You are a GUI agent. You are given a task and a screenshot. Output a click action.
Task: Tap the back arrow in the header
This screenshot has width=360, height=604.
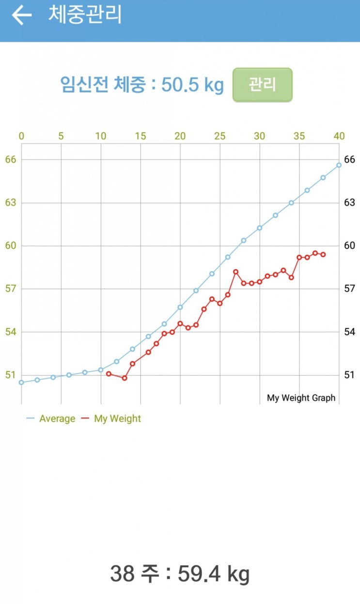pyautogui.click(x=21, y=15)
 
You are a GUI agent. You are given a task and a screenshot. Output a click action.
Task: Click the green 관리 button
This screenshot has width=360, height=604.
pyautogui.click(x=262, y=85)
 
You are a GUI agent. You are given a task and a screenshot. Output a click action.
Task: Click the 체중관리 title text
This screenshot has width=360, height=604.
pyautogui.click(x=85, y=15)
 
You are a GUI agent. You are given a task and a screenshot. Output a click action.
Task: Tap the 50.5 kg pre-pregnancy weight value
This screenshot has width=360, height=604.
pyautogui.click(x=192, y=85)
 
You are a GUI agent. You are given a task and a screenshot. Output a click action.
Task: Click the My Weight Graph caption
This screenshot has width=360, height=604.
pyautogui.click(x=301, y=398)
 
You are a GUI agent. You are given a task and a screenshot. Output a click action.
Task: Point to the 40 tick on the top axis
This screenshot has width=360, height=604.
pyautogui.click(x=339, y=136)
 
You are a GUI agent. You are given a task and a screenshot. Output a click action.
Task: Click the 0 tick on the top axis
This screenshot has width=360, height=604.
pyautogui.click(x=21, y=136)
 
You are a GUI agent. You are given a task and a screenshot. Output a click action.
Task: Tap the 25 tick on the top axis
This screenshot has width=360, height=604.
pyautogui.click(x=220, y=136)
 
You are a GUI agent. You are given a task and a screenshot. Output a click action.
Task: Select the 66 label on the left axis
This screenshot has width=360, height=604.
pyautogui.click(x=10, y=159)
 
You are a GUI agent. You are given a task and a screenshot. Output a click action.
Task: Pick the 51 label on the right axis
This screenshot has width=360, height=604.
pyautogui.click(x=349, y=375)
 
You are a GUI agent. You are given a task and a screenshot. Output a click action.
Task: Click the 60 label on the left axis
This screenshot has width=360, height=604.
pyautogui.click(x=10, y=246)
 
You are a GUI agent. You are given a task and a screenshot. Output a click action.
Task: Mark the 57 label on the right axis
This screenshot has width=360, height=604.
pyautogui.click(x=349, y=289)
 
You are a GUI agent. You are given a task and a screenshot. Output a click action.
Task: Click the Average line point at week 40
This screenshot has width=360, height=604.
pyautogui.click(x=339, y=165)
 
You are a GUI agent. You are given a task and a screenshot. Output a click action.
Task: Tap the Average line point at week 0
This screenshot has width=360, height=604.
pyautogui.click(x=21, y=382)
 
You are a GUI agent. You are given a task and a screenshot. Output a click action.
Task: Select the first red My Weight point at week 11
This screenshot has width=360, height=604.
pyautogui.click(x=109, y=374)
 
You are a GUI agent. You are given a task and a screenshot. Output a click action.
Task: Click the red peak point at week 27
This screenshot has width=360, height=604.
pyautogui.click(x=236, y=272)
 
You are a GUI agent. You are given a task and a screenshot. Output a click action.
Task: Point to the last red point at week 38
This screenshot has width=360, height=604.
pyautogui.click(x=323, y=254)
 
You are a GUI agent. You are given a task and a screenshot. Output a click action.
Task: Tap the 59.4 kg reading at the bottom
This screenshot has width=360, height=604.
pyautogui.click(x=213, y=574)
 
